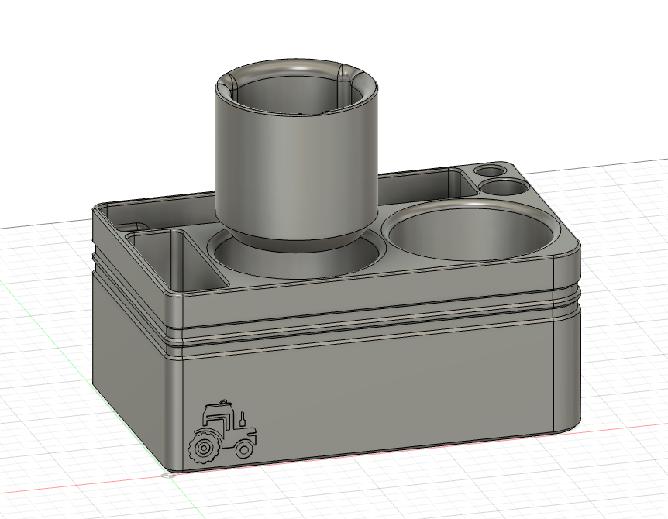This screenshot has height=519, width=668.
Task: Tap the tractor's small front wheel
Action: point(245,449)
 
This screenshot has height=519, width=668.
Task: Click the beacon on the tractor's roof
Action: point(224,401)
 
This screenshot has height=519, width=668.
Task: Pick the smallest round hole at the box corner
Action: point(488,170)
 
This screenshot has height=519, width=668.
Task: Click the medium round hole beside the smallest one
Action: point(504,187)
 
